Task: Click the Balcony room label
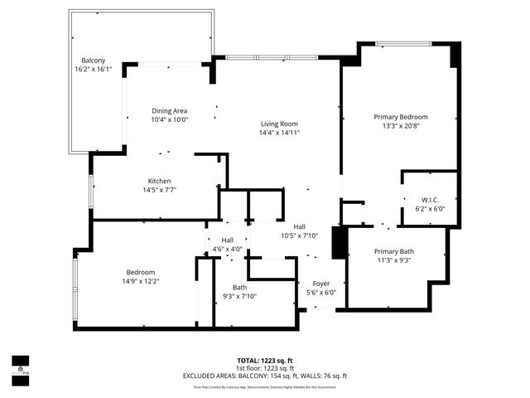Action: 93,61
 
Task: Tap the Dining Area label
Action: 170,110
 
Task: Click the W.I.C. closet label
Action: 430,199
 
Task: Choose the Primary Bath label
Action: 393,251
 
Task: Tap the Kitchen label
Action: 159,181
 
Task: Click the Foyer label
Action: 320,284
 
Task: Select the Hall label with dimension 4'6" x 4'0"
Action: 227,240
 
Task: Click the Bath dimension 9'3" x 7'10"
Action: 239,297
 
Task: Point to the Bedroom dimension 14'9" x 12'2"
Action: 142,280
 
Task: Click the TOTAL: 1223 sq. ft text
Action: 264,361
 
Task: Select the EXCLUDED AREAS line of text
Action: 264,376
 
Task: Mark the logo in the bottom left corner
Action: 20,366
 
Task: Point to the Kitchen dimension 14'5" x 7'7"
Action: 159,190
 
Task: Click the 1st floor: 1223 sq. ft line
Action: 264,368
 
